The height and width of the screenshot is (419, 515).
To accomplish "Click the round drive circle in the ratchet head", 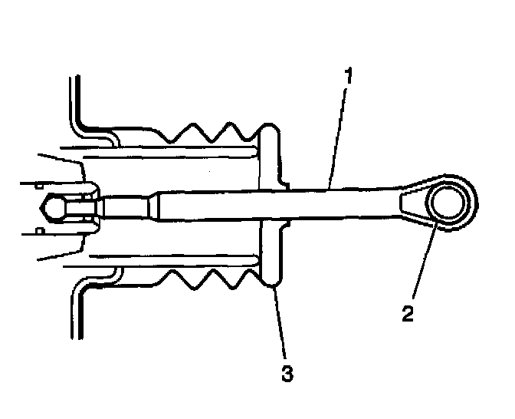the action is pyautogui.click(x=446, y=204).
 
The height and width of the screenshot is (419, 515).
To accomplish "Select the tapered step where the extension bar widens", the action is pyautogui.click(x=156, y=205).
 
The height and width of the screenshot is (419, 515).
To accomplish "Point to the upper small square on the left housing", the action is pyautogui.click(x=38, y=185).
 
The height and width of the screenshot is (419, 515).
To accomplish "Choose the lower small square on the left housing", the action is pyautogui.click(x=38, y=229).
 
